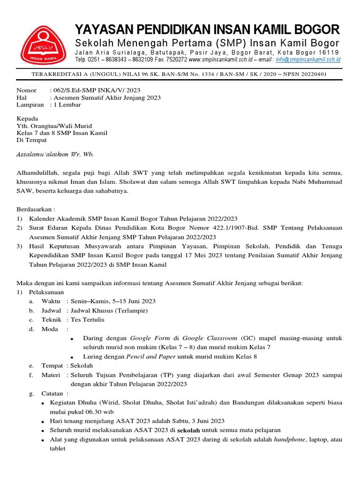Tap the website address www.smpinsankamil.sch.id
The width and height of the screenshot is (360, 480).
click(222, 60)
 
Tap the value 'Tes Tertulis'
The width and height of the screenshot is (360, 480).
click(88, 320)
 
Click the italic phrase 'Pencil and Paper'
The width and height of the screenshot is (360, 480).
click(151, 356)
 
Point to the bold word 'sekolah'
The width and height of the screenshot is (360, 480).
click(188, 430)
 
